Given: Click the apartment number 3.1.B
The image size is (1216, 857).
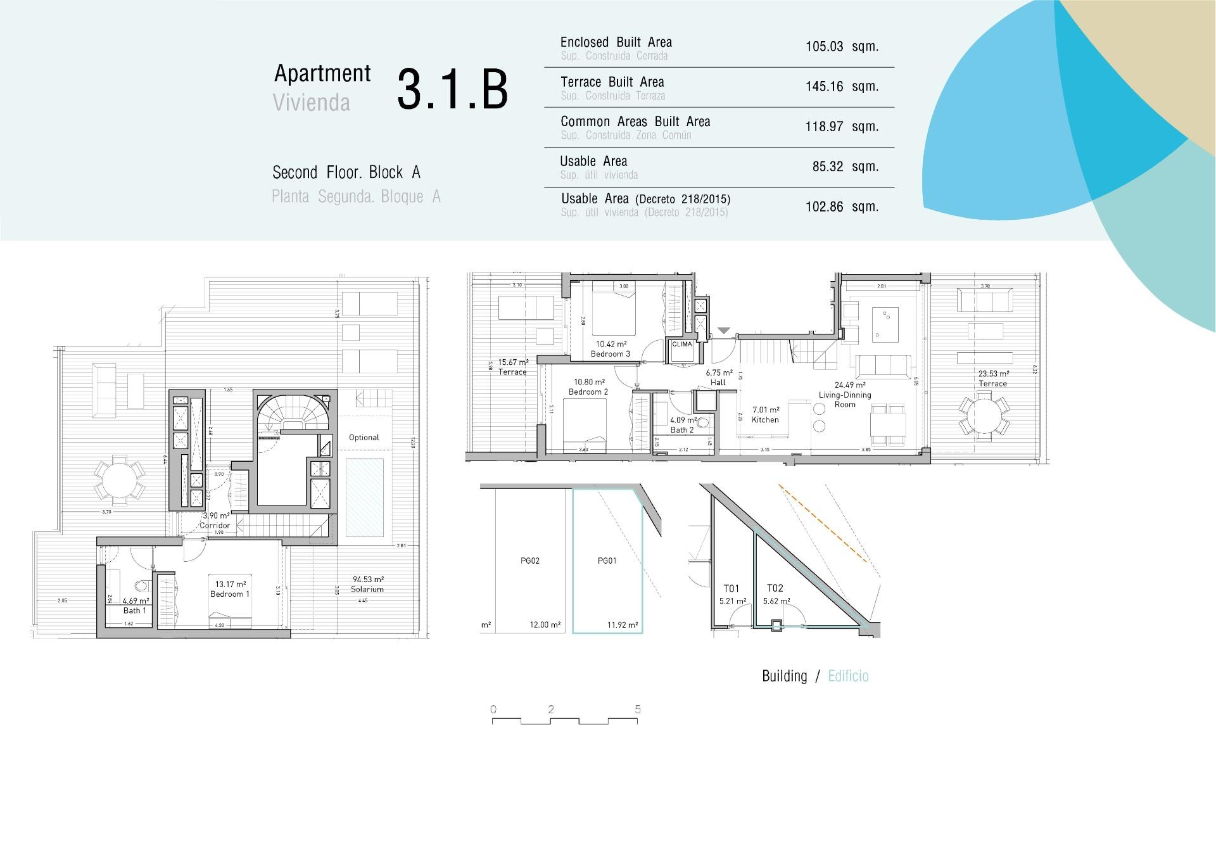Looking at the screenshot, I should pos(452,90).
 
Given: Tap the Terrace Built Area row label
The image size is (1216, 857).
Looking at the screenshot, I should pos(612,82).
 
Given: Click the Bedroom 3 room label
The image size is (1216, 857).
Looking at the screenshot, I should pos(610,354).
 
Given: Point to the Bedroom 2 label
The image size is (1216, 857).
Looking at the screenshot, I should pos(588,392).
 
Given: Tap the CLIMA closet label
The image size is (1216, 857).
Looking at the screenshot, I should pos(682,345).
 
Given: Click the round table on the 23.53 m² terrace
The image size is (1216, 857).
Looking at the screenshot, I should pos(984,416).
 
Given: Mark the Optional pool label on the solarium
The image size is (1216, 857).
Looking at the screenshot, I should pos(364,438).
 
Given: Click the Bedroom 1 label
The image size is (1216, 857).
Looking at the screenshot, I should pos(230,594).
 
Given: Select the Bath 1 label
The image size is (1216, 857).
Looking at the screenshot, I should pos(135,611).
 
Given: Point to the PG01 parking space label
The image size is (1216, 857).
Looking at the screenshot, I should pos(607,561).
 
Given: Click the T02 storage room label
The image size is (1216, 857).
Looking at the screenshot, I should pos(775,588).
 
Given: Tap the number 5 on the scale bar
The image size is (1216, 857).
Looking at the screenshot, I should pos(638,709).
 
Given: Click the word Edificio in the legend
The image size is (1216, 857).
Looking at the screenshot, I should pos(848,676).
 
